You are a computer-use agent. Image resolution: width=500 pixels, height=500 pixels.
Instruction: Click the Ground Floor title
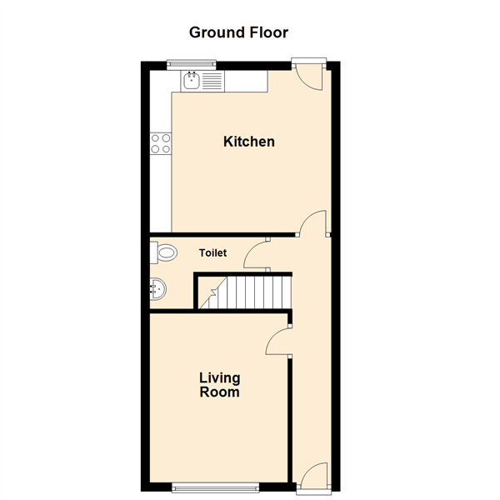coord(238,32)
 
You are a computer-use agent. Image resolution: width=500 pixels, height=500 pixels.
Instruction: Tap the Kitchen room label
coord(249,142)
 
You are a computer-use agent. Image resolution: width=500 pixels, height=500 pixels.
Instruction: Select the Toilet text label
coord(212,252)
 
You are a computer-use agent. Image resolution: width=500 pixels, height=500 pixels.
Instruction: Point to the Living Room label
coord(220,385)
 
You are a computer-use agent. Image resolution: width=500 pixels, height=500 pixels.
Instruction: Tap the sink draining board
coord(212,81)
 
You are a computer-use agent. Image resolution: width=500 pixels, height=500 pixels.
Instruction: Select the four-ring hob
coord(161,143)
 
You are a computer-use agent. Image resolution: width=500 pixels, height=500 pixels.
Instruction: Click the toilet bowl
coord(167,252)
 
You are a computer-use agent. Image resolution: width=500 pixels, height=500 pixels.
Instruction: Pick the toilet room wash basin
coord(157,289)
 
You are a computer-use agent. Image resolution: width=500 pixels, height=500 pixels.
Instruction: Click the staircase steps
coord(245,292)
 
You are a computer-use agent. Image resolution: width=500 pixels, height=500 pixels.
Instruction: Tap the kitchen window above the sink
coord(192,65)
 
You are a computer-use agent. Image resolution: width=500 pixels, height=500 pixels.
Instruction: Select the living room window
coord(215,487)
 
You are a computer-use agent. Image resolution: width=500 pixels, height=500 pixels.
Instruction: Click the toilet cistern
coord(153,252)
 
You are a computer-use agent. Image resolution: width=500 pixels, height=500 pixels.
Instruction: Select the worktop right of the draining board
coord(246,81)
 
